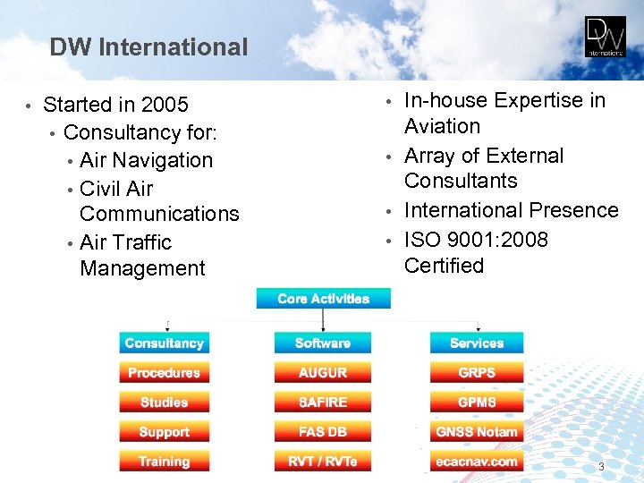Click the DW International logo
tap(606, 38)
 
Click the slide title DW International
tap(148, 47)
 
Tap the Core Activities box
tap(323, 299)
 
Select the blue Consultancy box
tap(164, 343)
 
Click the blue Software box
tap(322, 343)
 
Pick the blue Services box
tap(477, 343)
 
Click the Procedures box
tap(164, 373)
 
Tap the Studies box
tap(164, 402)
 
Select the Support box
tap(164, 432)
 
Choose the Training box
tap(164, 462)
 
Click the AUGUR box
tap(322, 373)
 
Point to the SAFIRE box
tap(322, 402)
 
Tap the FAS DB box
tap(322, 432)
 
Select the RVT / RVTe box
tap(322, 462)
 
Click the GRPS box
tap(477, 373)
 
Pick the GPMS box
tap(477, 402)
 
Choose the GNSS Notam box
tap(477, 432)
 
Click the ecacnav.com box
tap(477, 462)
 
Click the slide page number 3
tap(601, 467)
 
